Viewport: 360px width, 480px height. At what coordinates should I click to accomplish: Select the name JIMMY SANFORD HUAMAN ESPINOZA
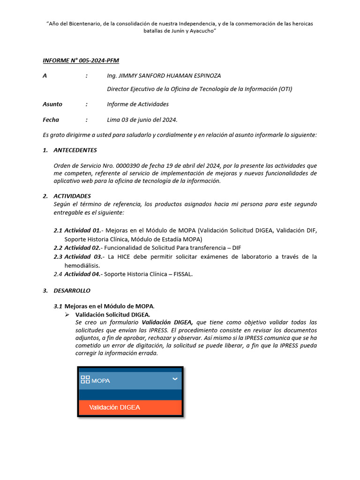(x=170, y=75)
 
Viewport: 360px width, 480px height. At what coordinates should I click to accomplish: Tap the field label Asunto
(x=52, y=104)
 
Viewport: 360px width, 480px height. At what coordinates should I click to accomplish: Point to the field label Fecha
(x=51, y=120)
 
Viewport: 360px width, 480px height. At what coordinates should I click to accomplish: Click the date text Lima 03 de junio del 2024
(x=142, y=120)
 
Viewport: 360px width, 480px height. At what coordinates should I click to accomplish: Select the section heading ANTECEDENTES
(x=75, y=150)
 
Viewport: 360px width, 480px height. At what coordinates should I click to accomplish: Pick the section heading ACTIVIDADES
(x=72, y=196)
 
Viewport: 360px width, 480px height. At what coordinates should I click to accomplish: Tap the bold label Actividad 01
(x=82, y=230)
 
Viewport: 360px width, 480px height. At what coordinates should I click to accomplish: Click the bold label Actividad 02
(x=82, y=247)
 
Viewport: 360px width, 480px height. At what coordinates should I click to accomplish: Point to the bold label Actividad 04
(x=82, y=274)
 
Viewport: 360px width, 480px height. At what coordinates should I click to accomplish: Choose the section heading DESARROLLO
(x=72, y=291)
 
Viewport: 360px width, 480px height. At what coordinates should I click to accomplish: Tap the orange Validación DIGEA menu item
(x=130, y=407)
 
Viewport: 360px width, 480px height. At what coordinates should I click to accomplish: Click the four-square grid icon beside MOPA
(x=85, y=380)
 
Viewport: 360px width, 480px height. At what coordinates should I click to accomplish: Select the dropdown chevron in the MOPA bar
(x=175, y=379)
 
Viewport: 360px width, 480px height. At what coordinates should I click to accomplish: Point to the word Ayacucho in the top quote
(x=201, y=30)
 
